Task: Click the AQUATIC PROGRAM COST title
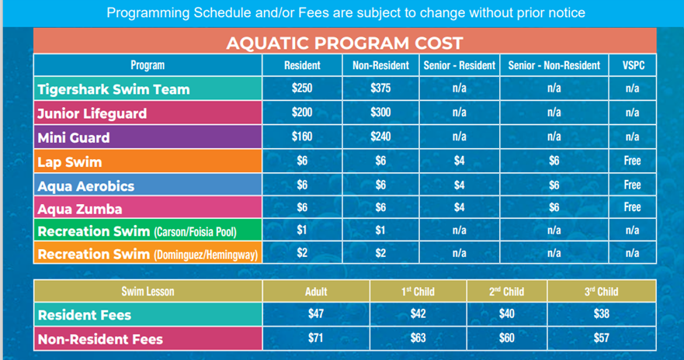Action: pos(344,43)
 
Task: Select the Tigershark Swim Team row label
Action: pos(113,89)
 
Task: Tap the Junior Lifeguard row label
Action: pos(92,113)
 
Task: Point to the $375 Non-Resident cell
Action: pos(380,88)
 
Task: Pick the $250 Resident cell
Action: pos(302,88)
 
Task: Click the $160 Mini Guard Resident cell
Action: pos(302,137)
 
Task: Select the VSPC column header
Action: pos(633,66)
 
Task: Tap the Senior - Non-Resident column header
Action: pos(554,66)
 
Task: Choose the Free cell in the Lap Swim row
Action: pos(633,161)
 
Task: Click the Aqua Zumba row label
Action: pos(80,209)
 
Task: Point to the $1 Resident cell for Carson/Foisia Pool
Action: pos(302,230)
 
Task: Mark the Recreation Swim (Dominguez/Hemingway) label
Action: pos(148,254)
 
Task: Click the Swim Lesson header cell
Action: pos(148,292)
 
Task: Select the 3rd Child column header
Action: pos(602,292)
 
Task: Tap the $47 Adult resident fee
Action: pos(316,314)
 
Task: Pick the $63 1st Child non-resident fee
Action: pos(418,338)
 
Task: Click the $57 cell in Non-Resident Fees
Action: pos(602,338)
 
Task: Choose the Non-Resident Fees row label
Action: pos(101,339)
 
